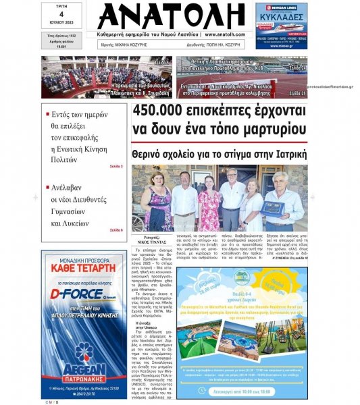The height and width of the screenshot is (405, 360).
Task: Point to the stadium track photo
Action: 242,77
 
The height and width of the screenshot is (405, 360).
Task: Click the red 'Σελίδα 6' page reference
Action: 116,231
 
